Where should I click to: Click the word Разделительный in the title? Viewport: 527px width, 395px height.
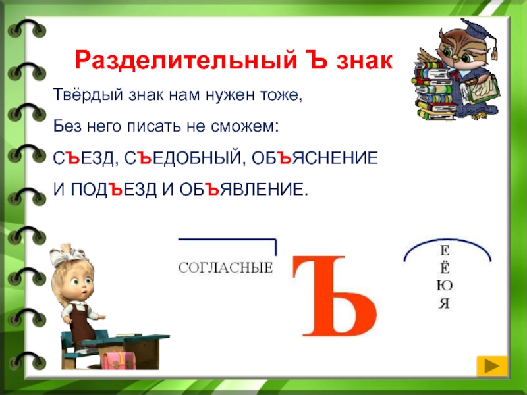pyautogui.click(x=186, y=61)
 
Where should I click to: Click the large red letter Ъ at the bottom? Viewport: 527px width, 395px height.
pyautogui.click(x=335, y=296)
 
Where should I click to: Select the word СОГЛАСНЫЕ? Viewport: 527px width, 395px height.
pyautogui.click(x=225, y=268)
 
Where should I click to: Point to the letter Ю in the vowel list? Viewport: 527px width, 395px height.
pyautogui.click(x=444, y=286)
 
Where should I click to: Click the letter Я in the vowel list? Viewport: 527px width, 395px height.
pyautogui.click(x=444, y=303)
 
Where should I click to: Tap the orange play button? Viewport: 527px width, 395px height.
pyautogui.click(x=491, y=366)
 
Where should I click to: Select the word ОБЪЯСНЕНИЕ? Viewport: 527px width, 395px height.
pyautogui.click(x=315, y=158)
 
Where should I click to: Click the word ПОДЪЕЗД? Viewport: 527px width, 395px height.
pyautogui.click(x=113, y=190)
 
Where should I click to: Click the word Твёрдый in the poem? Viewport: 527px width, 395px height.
pyautogui.click(x=88, y=95)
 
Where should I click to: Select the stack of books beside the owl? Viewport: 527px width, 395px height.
pyautogui.click(x=433, y=91)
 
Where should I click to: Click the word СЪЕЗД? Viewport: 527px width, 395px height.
pyautogui.click(x=84, y=158)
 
